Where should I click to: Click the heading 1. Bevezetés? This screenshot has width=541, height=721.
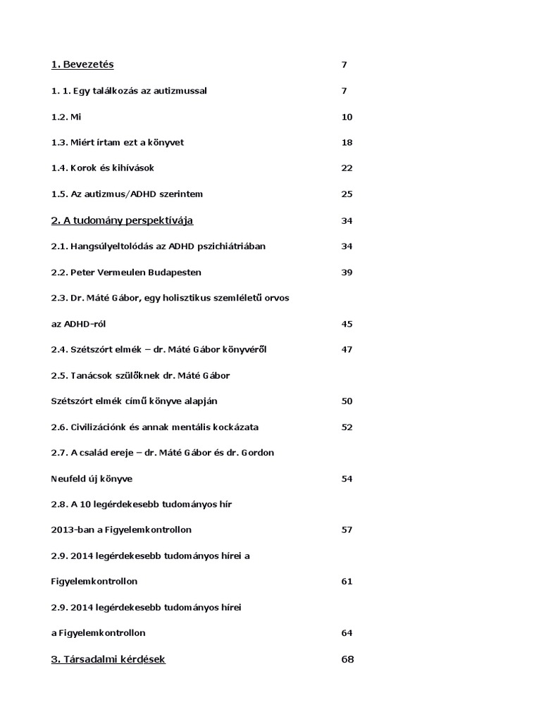(x=82, y=65)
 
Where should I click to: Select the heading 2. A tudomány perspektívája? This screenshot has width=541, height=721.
(x=122, y=220)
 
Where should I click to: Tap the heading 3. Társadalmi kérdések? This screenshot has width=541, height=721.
(x=108, y=659)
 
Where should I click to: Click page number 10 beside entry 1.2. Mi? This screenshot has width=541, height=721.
(x=347, y=117)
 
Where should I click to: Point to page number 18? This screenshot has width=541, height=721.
(x=347, y=142)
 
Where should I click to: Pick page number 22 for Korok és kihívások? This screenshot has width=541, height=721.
(x=347, y=168)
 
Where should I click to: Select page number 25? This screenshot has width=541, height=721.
(x=347, y=194)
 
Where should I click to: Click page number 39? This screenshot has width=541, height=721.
(x=347, y=272)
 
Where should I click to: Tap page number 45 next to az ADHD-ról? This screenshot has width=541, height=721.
(x=347, y=324)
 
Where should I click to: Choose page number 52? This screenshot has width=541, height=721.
(x=347, y=427)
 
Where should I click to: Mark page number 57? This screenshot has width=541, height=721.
(x=347, y=529)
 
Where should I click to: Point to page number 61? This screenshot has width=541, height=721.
(x=347, y=582)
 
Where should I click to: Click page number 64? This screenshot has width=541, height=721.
(x=347, y=633)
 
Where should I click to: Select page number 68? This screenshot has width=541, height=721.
(x=347, y=659)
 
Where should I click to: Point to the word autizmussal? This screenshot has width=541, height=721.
(x=181, y=91)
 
